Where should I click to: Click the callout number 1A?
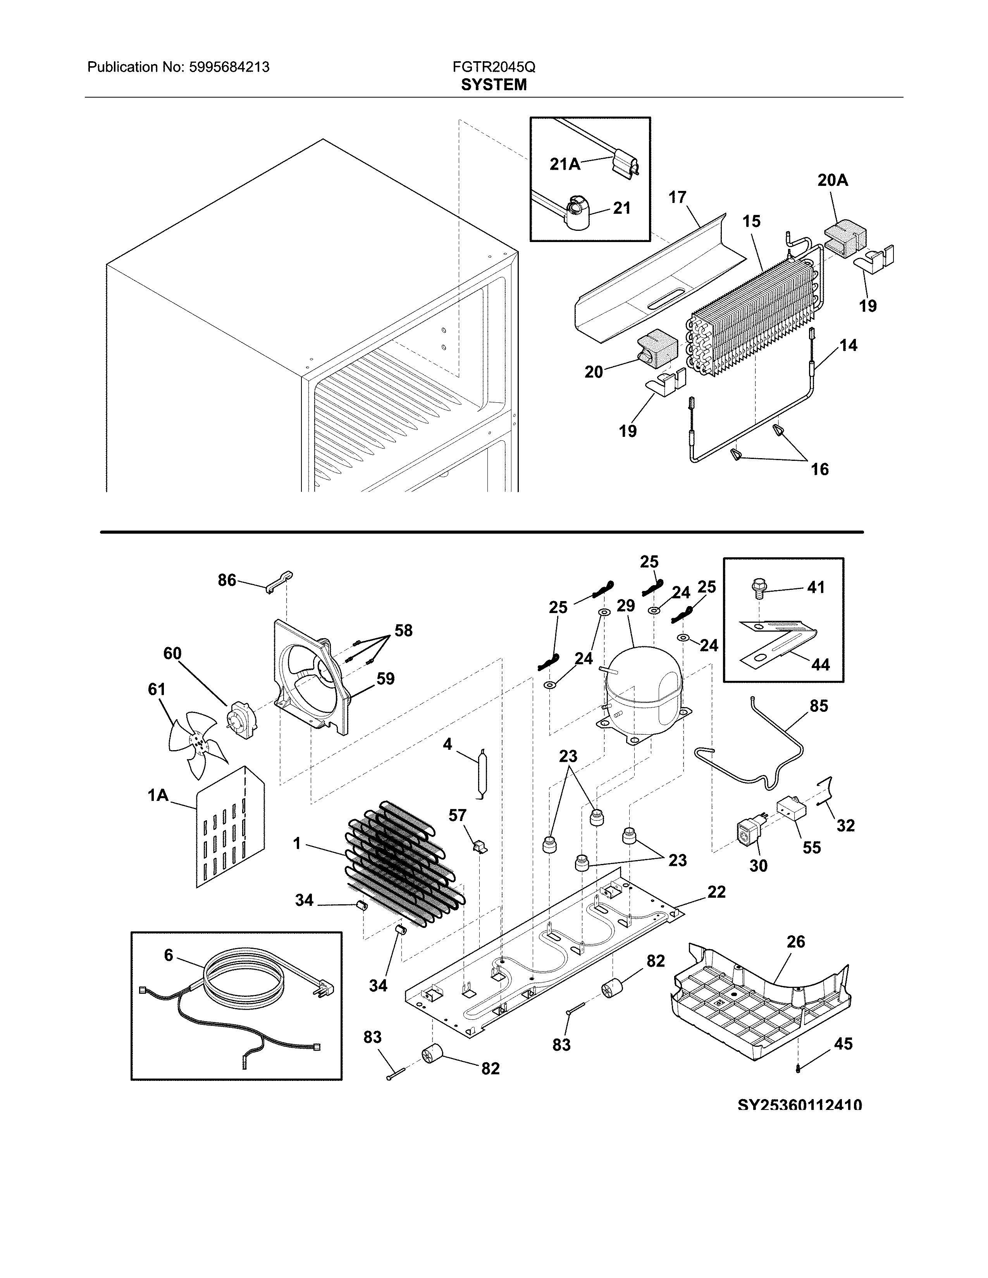(158, 795)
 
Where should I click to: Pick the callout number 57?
(458, 815)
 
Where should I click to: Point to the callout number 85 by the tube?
(819, 706)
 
